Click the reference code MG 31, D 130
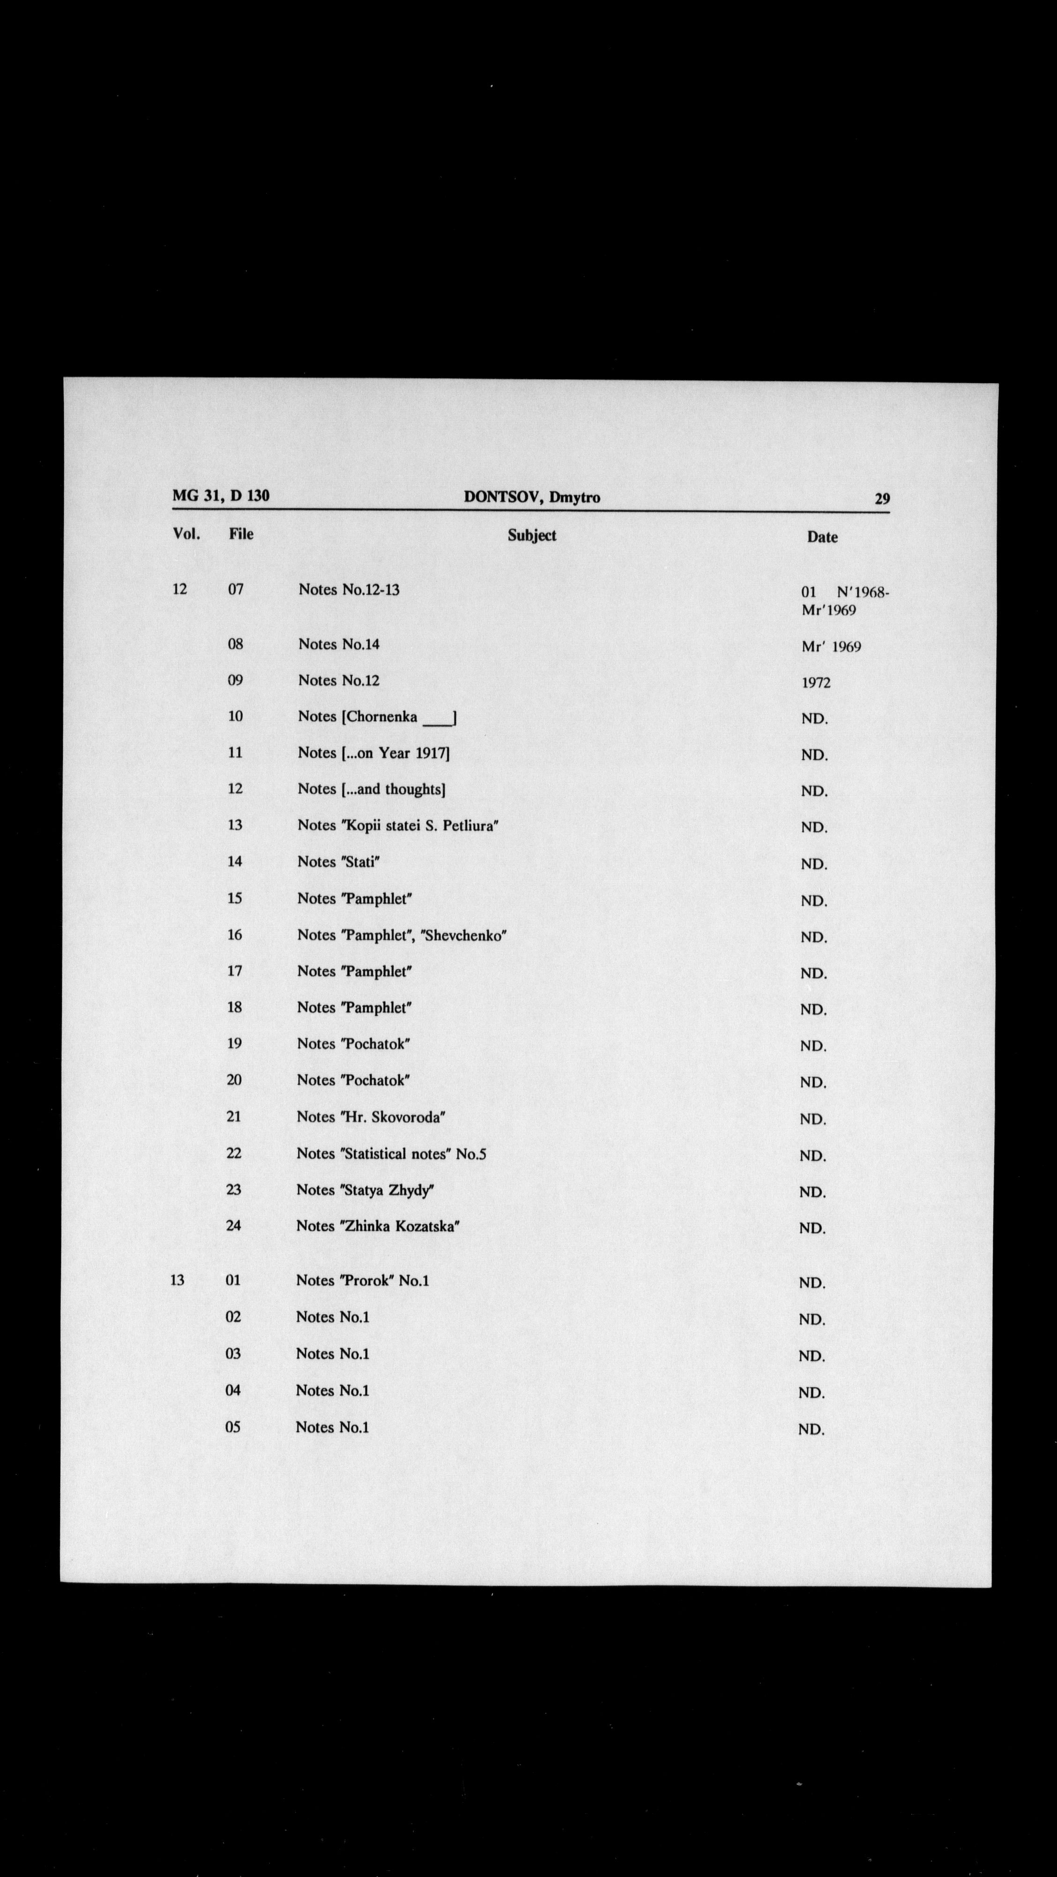[x=221, y=496]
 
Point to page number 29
[x=882, y=499]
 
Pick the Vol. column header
[x=186, y=533]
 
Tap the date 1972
[x=816, y=683]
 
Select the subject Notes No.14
[x=338, y=644]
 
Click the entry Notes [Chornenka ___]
[x=377, y=717]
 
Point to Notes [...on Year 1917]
[x=373, y=753]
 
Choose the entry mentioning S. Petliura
[x=397, y=826]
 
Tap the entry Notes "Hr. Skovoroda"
[x=370, y=1117]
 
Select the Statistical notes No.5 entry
[x=391, y=1153]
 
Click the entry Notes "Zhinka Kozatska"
[x=378, y=1227]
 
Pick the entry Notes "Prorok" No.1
[x=362, y=1281]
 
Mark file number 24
[x=233, y=1226]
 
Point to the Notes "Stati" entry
[x=338, y=862]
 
